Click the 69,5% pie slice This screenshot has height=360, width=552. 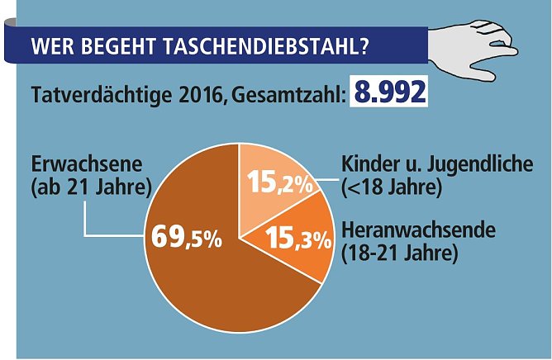pyautogui.click(x=207, y=272)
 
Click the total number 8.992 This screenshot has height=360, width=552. pyautogui.click(x=389, y=92)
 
